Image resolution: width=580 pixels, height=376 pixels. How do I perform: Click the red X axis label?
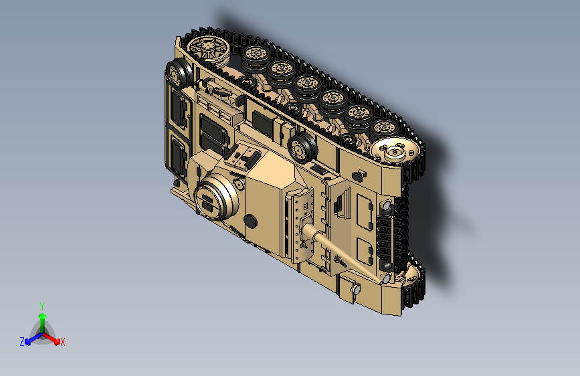pos(62,342)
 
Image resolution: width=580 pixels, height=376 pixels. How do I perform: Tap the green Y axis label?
pos(42,306)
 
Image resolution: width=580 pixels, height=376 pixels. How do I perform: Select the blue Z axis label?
pos(22,342)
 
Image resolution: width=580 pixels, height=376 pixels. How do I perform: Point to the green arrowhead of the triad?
pos(43,316)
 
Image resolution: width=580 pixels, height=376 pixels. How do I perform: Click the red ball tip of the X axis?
pos(57,342)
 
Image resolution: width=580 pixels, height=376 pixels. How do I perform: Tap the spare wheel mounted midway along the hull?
pos(302,148)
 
